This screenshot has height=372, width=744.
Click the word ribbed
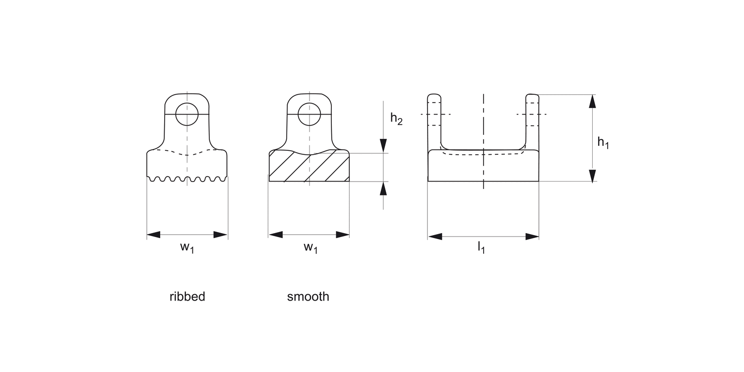coord(187,297)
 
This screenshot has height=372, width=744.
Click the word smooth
coord(308,297)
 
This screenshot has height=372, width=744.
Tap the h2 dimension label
coord(396,119)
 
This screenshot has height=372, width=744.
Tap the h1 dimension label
coord(603,143)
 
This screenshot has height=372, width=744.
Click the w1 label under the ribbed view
coord(187,248)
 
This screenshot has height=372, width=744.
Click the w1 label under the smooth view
coord(310,248)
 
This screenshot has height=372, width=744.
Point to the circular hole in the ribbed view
coord(187,114)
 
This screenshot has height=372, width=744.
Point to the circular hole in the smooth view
coord(309,114)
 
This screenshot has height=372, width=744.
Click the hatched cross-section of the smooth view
coord(309,167)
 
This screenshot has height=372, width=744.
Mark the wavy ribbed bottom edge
coord(187,179)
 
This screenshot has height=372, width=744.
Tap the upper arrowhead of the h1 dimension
coord(592,101)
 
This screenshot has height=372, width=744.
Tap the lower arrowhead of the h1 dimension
coord(592,175)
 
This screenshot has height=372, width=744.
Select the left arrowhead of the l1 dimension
coord(435,236)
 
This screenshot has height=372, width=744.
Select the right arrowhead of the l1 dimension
coord(532,236)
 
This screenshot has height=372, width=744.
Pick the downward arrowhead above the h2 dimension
coord(383,146)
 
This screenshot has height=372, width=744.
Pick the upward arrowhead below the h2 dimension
coord(383,188)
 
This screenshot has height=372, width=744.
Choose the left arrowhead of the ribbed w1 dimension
coord(154,235)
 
